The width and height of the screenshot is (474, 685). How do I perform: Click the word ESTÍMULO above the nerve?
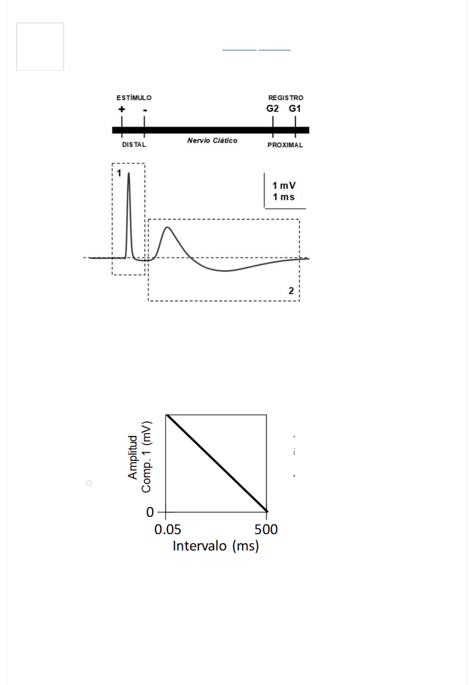click(x=134, y=98)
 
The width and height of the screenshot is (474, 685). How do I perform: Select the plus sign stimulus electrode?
click(x=122, y=109)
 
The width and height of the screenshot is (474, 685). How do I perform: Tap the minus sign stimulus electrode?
click(x=145, y=111)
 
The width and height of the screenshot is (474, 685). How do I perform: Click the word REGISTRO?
click(x=286, y=98)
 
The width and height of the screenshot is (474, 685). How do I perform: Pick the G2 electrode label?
click(x=272, y=108)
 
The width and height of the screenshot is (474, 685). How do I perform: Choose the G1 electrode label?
click(x=295, y=108)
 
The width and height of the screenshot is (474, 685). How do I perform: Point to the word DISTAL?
click(x=134, y=145)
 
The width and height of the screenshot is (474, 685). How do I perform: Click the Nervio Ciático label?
click(x=212, y=140)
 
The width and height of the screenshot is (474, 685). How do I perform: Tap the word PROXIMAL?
click(x=285, y=145)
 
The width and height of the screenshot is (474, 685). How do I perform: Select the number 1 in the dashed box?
click(x=119, y=173)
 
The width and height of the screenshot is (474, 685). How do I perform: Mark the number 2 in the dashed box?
click(x=291, y=291)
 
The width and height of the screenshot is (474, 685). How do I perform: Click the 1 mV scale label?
click(x=284, y=185)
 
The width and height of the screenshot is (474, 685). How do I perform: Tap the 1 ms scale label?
click(x=283, y=197)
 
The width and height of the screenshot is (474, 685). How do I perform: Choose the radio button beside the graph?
click(x=89, y=483)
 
